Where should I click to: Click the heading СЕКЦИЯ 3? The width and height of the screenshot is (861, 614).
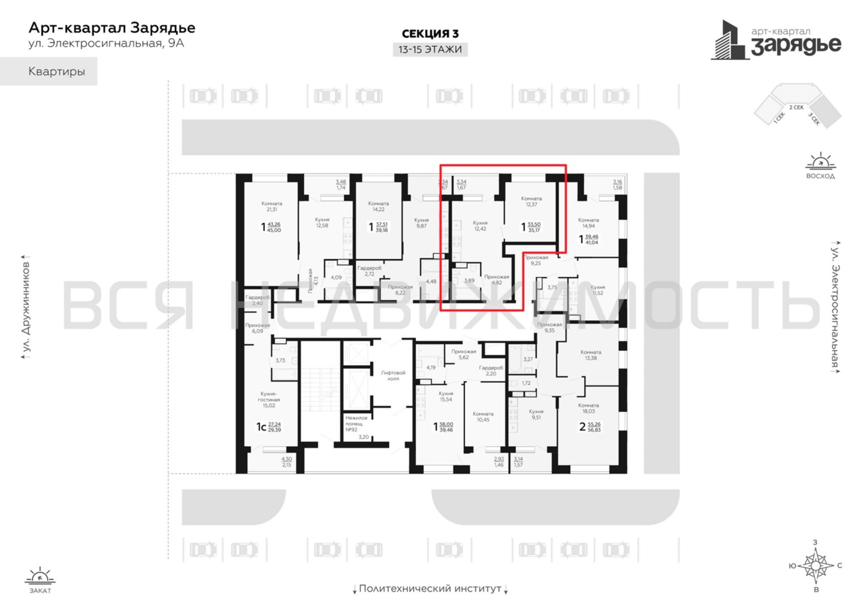click(x=430, y=34)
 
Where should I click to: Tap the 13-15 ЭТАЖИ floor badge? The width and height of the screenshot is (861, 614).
click(x=430, y=49)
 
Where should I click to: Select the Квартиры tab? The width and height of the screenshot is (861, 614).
click(x=57, y=72)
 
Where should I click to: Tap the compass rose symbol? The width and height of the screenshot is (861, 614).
click(x=815, y=565)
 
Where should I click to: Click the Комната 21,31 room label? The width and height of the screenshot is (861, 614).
click(x=272, y=206)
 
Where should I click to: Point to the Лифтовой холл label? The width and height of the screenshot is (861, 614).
click(x=393, y=375)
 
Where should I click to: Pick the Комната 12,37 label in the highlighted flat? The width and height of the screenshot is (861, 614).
click(x=531, y=201)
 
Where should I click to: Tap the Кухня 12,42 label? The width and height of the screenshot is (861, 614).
click(x=480, y=226)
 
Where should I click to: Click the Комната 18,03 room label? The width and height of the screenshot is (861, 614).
click(x=588, y=408)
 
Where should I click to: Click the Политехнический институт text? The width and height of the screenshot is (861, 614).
click(x=430, y=588)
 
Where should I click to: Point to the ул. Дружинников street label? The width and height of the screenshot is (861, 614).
click(x=26, y=307)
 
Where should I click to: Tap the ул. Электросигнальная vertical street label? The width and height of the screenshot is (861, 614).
click(x=835, y=307)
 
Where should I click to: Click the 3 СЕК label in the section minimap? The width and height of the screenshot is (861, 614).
click(x=814, y=119)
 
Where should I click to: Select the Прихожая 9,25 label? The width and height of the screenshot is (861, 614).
click(x=536, y=260)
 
